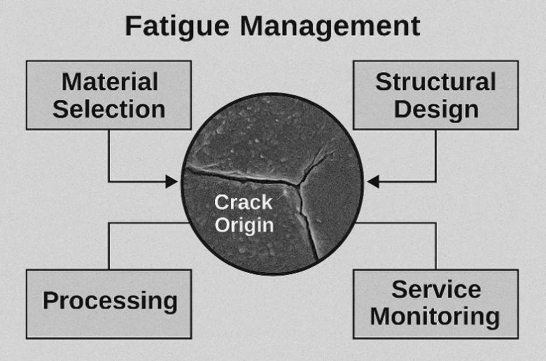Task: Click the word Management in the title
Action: (330, 26)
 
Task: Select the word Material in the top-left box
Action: (110, 82)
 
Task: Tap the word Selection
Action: (109, 109)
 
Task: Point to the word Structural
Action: (435, 82)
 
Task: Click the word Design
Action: (436, 111)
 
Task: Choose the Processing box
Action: (108, 304)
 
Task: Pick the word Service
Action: (436, 289)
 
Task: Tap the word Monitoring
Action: (435, 318)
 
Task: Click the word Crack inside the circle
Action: (243, 202)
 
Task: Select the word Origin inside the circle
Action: (244, 225)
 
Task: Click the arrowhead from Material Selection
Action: (171, 181)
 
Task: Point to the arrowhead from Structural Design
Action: (373, 181)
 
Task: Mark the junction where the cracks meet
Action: (298, 183)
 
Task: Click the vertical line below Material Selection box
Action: (109, 155)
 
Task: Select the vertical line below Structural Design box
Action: (435, 155)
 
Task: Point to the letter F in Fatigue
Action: (133, 26)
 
